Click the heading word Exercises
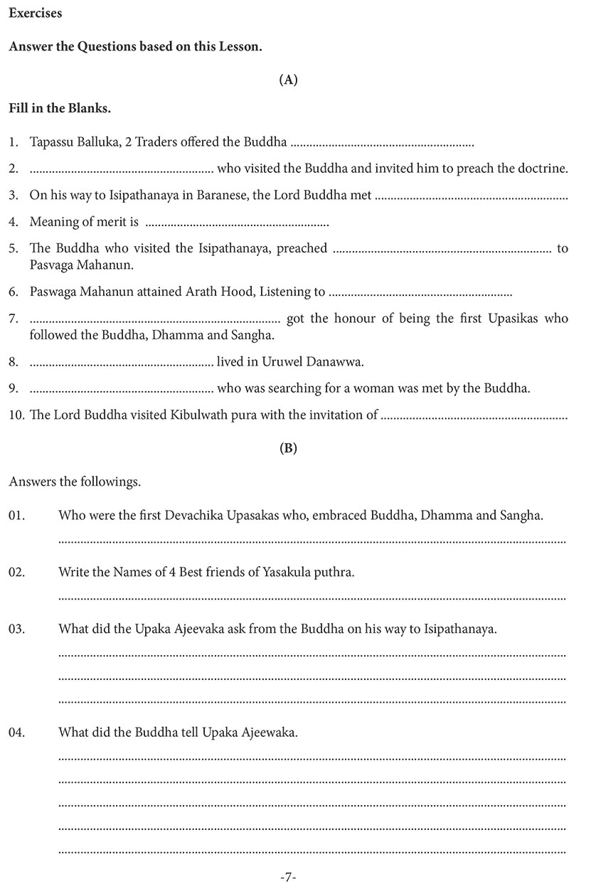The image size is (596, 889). (x=35, y=14)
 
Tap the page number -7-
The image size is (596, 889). (x=288, y=878)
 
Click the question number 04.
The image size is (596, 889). (x=17, y=732)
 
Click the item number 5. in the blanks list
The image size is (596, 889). (x=14, y=249)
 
